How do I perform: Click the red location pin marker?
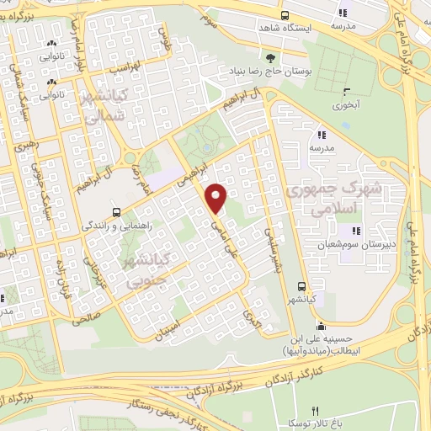tap(217, 199)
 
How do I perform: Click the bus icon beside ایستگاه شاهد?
tap(285, 14)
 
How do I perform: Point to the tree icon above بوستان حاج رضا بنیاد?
tap(269, 57)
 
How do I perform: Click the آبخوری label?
tap(345, 105)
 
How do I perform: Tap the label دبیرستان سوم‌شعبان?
tap(347, 244)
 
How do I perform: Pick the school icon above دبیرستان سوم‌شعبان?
tap(356, 231)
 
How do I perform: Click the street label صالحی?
tap(86, 315)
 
